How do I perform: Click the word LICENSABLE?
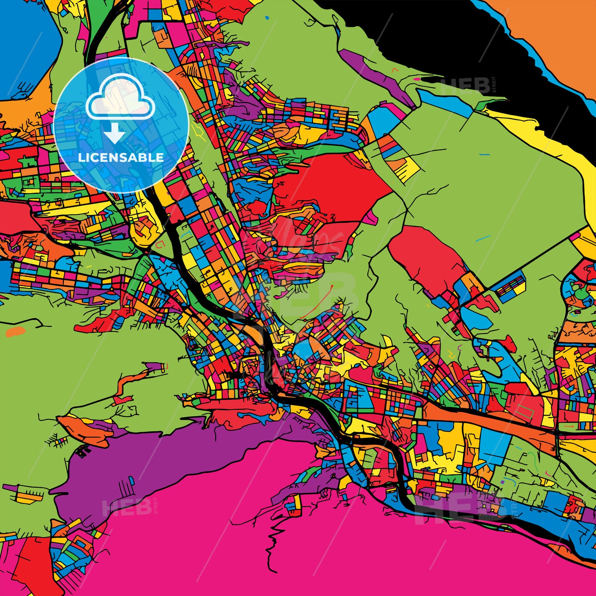pyautogui.click(x=121, y=157)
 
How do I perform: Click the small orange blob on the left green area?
pyautogui.click(x=16, y=331)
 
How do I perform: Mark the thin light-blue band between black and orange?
pyautogui.click(x=538, y=58)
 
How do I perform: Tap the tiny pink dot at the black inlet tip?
pyautogui.click(x=416, y=79)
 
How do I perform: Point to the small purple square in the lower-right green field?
pyautogui.click(x=502, y=482)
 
